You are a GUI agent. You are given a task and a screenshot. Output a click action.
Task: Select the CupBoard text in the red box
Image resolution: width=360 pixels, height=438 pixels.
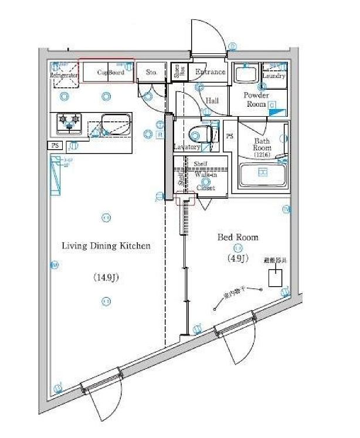point(111,73)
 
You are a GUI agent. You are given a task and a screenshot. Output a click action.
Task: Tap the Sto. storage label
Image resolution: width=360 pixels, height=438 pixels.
point(151,73)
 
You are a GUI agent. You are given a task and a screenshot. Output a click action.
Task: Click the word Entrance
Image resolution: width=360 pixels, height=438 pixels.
point(210,72)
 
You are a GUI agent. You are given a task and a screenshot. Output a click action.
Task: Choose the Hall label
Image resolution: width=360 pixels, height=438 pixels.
point(212,101)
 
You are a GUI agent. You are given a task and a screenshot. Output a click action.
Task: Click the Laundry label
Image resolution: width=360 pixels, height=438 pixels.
point(274,76)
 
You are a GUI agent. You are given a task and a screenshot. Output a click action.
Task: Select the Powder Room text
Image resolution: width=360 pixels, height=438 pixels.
point(256,99)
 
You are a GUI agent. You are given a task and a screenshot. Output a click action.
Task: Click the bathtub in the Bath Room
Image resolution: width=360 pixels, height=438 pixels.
point(263,174)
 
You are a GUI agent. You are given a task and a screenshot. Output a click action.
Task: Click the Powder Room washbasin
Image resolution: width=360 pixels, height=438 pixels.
point(244,74)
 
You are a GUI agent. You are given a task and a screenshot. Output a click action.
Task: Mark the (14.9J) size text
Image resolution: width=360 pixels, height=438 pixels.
point(106,277)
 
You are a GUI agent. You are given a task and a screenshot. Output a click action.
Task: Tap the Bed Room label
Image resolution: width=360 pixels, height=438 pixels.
point(238,237)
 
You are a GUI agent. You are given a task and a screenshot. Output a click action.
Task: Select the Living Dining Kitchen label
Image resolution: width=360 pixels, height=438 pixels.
point(106,246)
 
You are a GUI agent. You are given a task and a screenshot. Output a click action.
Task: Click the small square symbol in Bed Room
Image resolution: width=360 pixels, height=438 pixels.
point(275,278)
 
